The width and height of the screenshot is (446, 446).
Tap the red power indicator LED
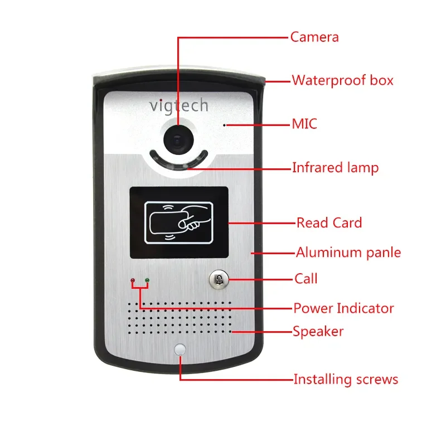[133, 280]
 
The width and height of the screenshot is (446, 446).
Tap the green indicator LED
[147, 280]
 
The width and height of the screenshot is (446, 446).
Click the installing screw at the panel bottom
[180, 350]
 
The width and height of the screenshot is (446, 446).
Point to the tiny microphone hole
[225, 125]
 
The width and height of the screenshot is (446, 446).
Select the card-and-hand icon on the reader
[178, 222]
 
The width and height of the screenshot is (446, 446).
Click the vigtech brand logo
[178, 105]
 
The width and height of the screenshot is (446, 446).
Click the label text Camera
[314, 37]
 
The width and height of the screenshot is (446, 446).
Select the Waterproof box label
[342, 80]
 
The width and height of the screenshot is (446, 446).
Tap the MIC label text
[304, 124]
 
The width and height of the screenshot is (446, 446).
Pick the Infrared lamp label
[335, 167]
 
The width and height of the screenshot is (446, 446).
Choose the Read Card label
[329, 223]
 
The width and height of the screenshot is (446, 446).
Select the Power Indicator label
[343, 308]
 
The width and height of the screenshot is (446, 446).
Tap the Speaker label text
[318, 332]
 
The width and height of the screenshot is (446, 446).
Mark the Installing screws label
[346, 380]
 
